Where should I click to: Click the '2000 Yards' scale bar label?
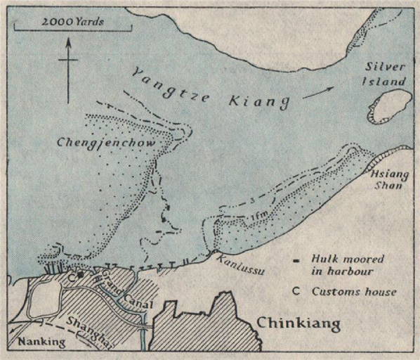[72, 22]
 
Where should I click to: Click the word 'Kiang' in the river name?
[259, 99]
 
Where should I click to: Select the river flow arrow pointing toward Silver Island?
[320, 91]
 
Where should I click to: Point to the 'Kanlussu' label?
[239, 265]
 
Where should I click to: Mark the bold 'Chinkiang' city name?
[299, 323]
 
